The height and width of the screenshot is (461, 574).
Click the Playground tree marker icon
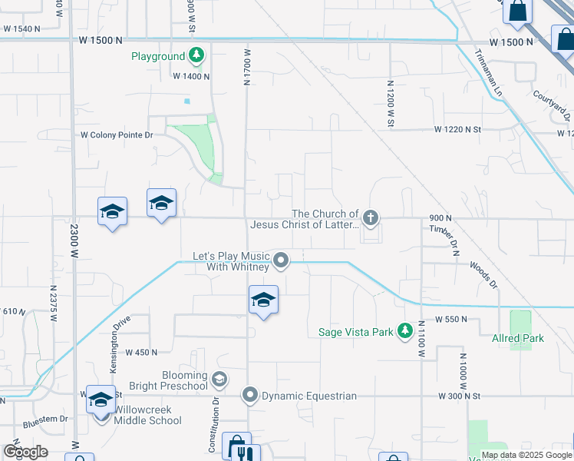(196, 55)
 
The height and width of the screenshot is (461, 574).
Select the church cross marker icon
(371, 218)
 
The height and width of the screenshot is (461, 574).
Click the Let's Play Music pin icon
(282, 260)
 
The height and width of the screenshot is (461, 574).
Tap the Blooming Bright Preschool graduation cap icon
(220, 380)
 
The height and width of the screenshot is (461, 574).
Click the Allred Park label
(518, 338)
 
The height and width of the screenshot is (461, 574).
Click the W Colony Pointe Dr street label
(117, 134)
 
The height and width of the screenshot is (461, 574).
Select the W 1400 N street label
(191, 76)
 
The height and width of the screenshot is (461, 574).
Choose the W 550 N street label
(450, 319)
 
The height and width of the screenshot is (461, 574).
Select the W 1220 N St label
(457, 130)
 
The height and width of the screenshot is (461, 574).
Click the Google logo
(25, 452)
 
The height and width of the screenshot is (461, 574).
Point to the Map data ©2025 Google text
(526, 456)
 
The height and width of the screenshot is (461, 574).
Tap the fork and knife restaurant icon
(245, 453)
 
